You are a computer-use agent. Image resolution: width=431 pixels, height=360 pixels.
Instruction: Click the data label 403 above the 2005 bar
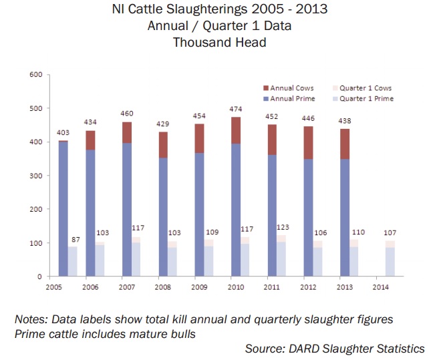coord(62,133)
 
